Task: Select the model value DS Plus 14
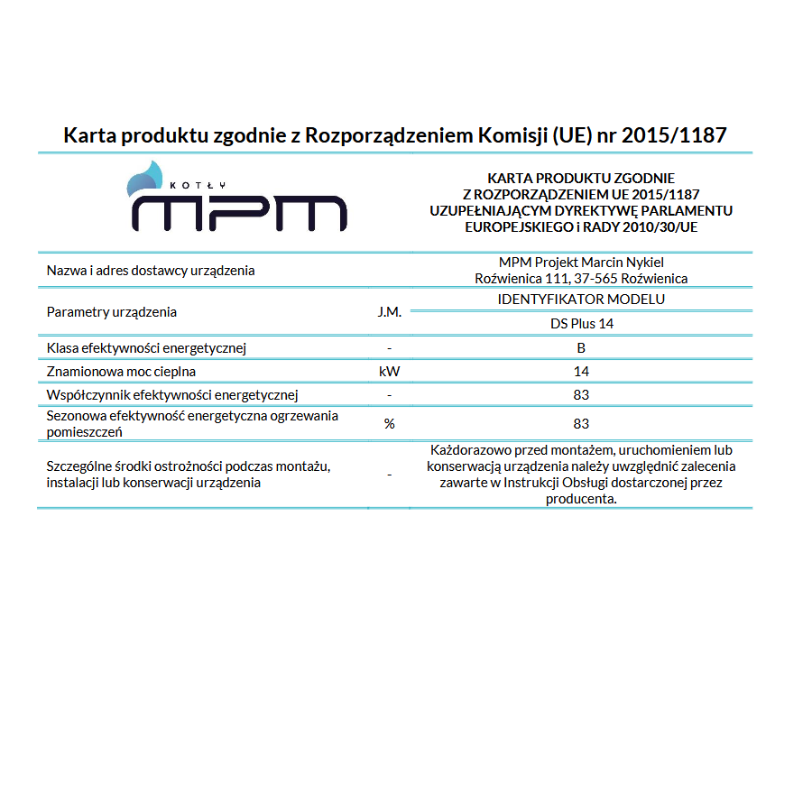click(x=581, y=324)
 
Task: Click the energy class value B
click(x=581, y=348)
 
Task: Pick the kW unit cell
click(x=389, y=371)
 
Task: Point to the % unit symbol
click(x=389, y=424)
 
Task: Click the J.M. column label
click(x=389, y=312)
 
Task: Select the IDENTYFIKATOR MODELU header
click(x=581, y=300)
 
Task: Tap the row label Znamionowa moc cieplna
click(x=121, y=371)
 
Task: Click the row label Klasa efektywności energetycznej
click(x=146, y=348)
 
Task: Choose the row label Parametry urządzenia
click(x=112, y=312)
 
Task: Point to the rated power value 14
click(x=581, y=371)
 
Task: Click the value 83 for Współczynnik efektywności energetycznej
click(x=581, y=395)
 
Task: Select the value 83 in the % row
click(x=581, y=424)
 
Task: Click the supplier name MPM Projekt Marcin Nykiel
click(x=581, y=262)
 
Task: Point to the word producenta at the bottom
click(x=581, y=498)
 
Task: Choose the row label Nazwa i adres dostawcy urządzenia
click(x=151, y=271)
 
